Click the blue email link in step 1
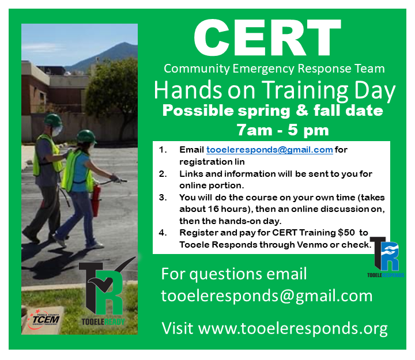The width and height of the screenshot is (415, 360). [269, 150]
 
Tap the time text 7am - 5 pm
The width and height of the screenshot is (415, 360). [282, 130]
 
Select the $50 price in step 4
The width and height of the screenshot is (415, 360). [346, 233]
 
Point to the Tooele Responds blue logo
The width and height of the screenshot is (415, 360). [386, 257]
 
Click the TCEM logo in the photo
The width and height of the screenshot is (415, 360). [44, 319]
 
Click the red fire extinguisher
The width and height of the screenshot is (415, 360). [96, 200]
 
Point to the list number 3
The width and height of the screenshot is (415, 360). [163, 198]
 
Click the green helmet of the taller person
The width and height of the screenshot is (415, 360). [52, 120]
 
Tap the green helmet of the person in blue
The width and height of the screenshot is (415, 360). [86, 136]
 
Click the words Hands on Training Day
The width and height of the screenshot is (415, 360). [274, 90]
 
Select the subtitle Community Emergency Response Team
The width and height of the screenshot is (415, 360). [274, 69]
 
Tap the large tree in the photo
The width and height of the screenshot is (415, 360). [113, 90]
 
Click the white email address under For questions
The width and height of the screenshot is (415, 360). [267, 296]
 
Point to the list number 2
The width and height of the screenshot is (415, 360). [163, 174]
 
